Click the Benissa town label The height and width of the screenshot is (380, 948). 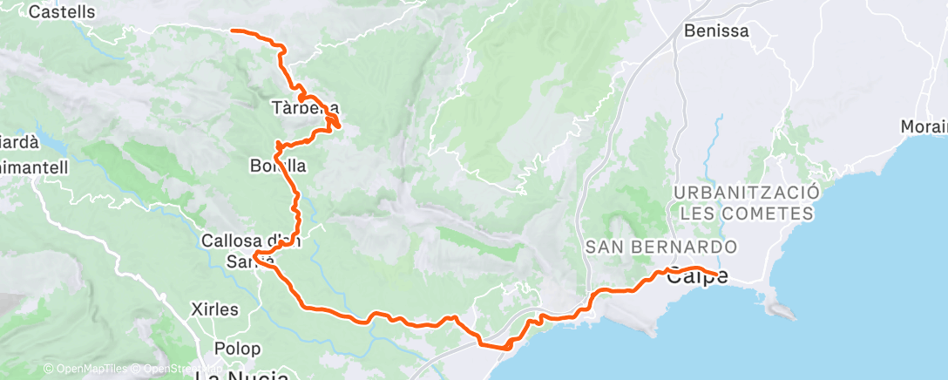[x=717, y=31]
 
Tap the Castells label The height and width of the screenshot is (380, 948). [x=62, y=12]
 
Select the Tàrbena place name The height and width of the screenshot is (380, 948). [x=304, y=108]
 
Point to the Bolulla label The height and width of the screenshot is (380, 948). [x=279, y=165]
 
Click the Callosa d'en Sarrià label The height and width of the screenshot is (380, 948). [x=251, y=249]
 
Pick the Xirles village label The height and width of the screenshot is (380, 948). [x=213, y=309]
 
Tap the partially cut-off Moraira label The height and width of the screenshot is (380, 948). [x=925, y=127]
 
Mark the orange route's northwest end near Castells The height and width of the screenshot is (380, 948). [x=231, y=31]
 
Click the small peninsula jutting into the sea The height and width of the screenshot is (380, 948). [x=778, y=308]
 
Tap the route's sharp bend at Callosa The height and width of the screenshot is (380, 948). [x=254, y=256]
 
